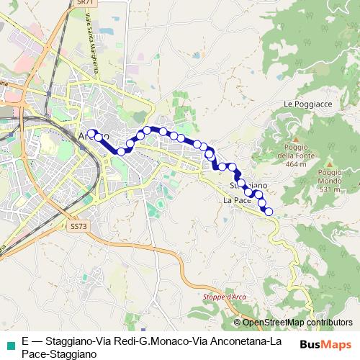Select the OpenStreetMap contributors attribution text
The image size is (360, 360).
point(297,322)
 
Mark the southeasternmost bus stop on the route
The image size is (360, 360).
point(269,211)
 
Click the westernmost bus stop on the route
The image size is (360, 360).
point(91,132)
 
